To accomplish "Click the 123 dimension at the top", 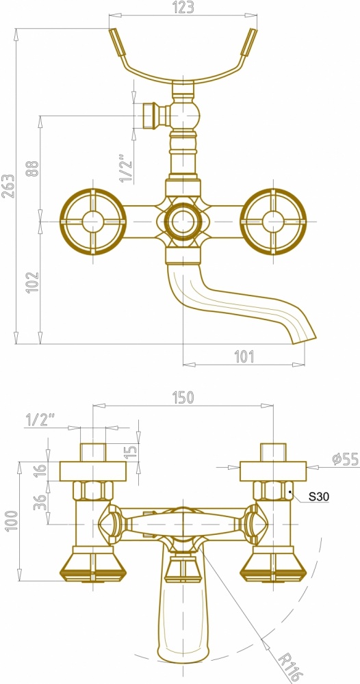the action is coord(183,8).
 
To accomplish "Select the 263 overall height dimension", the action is coord(8,186).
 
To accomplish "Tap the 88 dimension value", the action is coord(32,168).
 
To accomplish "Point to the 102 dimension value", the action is coord(32,282).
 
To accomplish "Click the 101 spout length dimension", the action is coord(244,356).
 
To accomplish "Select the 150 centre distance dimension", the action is coord(183,397).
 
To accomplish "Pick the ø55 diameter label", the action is coord(345,460).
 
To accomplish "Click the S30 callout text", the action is coord(319,496).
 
